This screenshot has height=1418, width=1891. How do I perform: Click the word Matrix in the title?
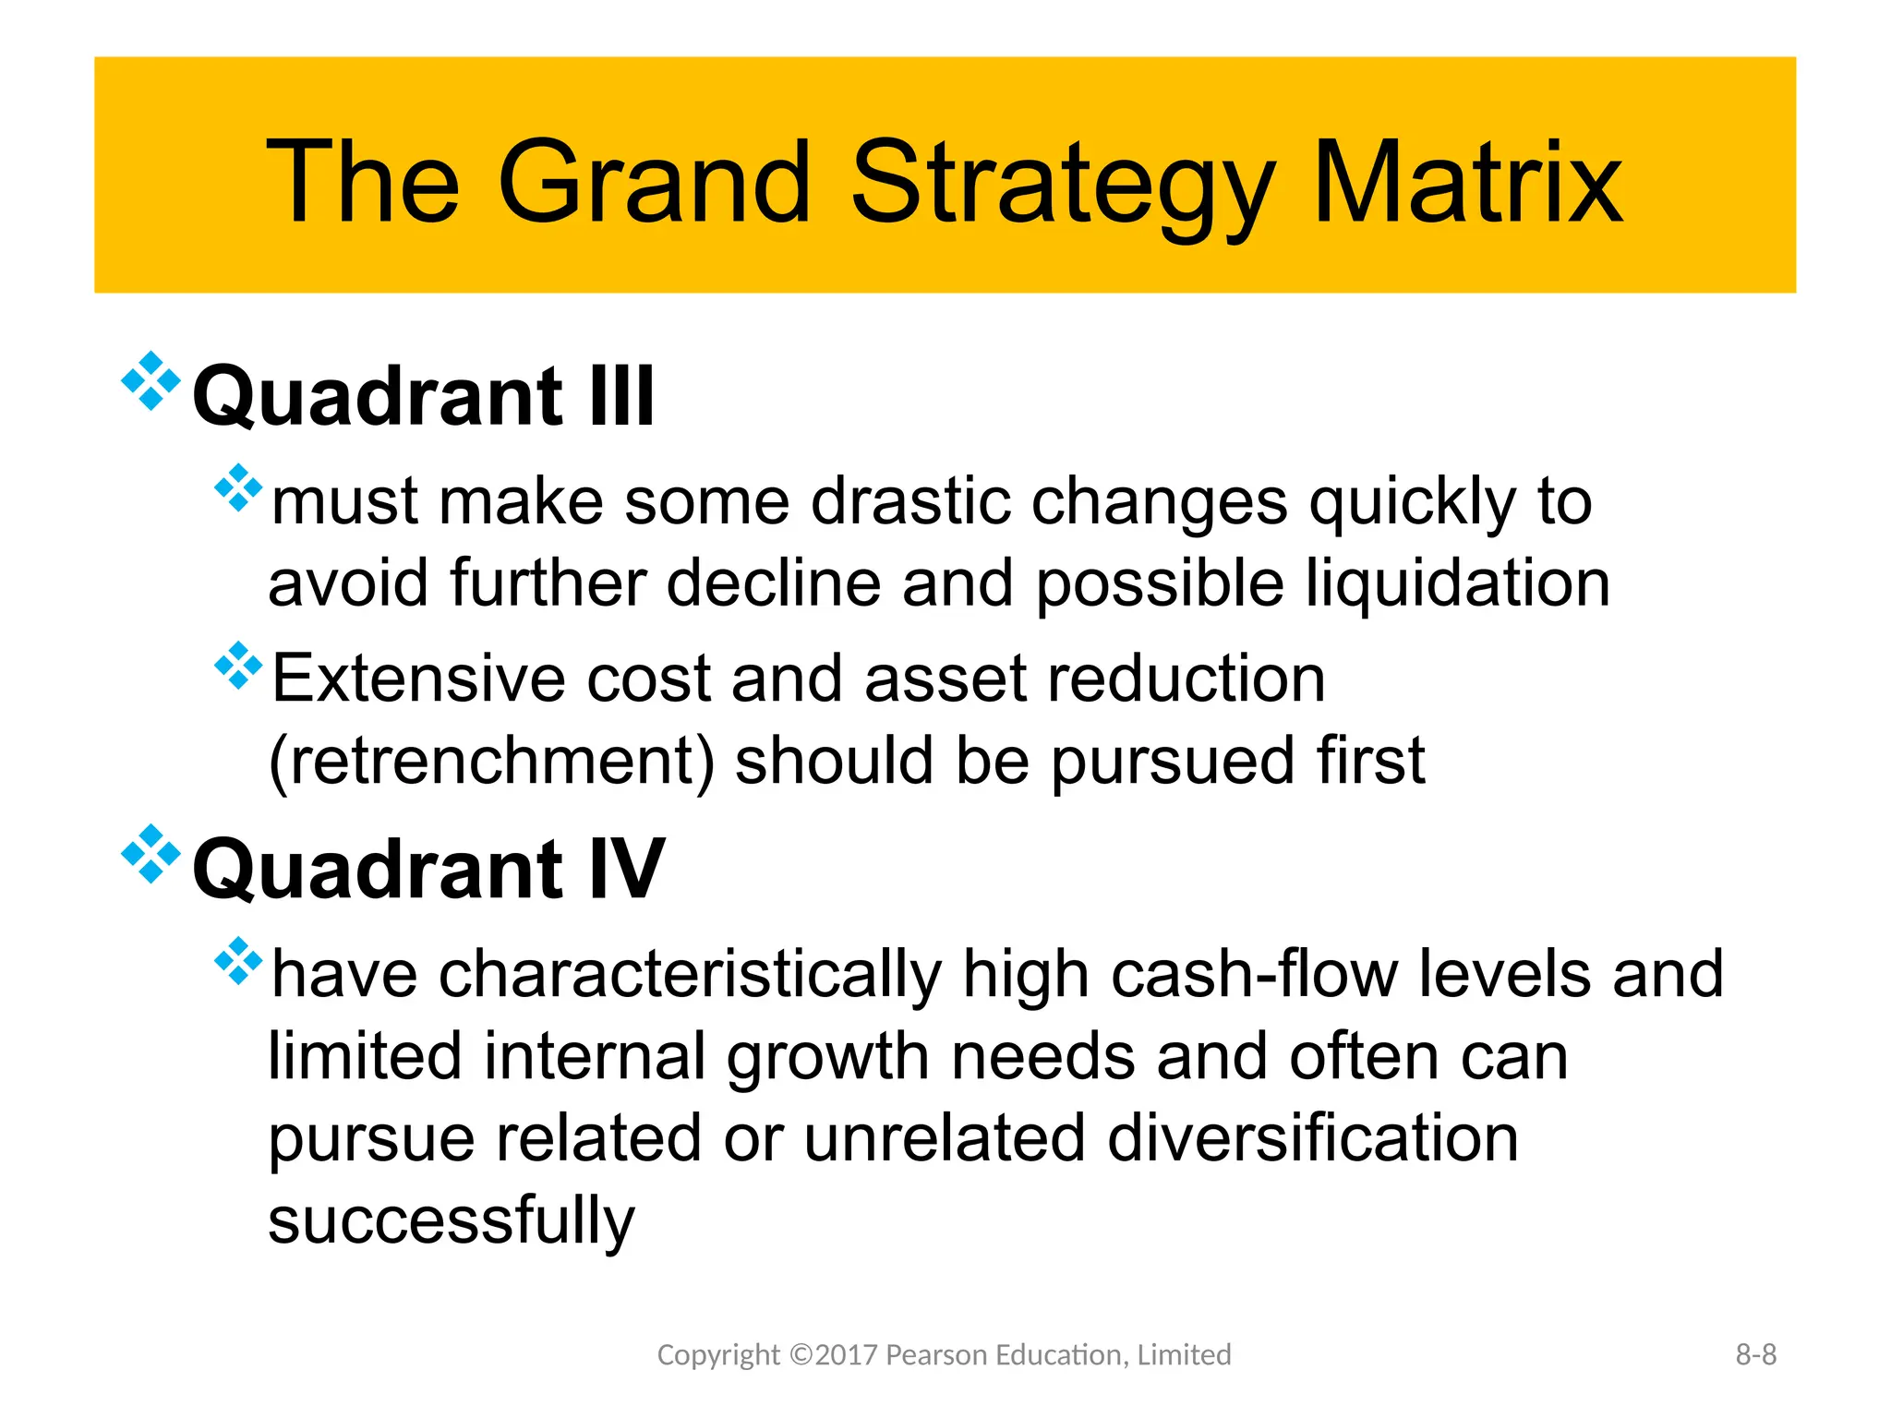(1467, 182)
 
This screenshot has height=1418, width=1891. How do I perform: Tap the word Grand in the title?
(654, 182)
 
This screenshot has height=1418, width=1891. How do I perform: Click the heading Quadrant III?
(424, 396)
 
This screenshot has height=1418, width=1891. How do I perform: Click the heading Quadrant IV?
(428, 869)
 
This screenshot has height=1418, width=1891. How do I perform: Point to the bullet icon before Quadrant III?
(151, 380)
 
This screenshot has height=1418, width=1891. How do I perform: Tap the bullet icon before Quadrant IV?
(151, 854)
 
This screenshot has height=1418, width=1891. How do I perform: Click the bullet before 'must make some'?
(238, 487)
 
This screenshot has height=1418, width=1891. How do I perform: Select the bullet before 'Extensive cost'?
(238, 666)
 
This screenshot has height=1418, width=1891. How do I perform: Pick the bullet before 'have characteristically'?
(238, 961)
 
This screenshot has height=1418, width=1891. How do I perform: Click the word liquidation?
(1458, 584)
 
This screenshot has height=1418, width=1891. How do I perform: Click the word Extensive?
(418, 679)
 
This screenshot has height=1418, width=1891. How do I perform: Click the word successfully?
(452, 1220)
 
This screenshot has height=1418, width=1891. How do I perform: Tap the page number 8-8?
(1755, 1354)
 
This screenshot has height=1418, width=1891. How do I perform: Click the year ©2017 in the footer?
(834, 1354)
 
